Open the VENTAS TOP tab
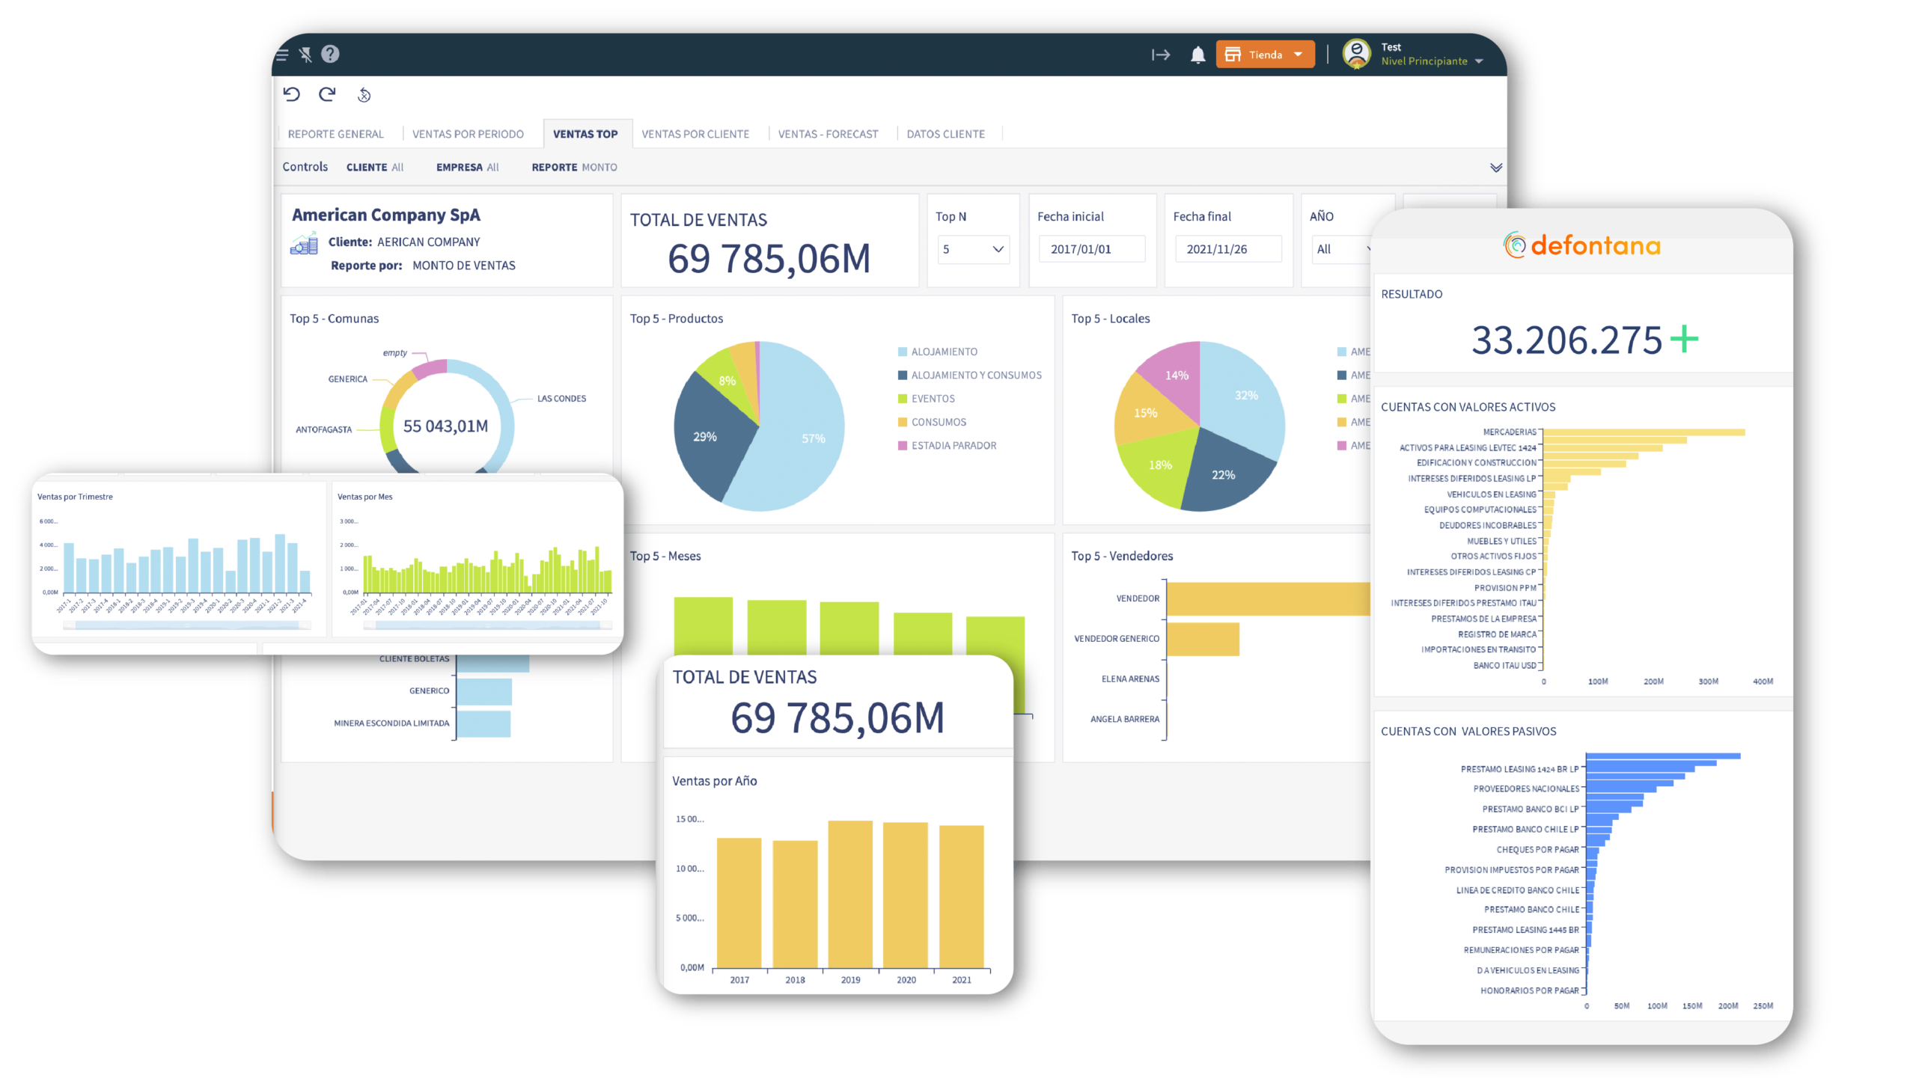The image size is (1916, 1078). click(585, 134)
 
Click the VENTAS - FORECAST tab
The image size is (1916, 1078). click(828, 134)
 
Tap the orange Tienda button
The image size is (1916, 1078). click(1265, 55)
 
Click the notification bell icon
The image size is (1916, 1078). click(1197, 55)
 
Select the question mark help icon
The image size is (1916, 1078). click(330, 54)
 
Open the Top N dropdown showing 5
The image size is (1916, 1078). click(973, 249)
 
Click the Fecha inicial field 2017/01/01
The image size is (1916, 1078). click(1091, 249)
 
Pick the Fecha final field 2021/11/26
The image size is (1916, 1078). click(1227, 249)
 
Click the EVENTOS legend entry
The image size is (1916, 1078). click(933, 399)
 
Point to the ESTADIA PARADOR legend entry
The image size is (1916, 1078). click(954, 446)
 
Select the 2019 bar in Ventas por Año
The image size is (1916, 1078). click(850, 894)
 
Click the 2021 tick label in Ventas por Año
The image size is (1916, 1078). click(962, 980)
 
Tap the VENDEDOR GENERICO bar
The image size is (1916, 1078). click(1203, 639)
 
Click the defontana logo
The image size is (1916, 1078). click(1582, 245)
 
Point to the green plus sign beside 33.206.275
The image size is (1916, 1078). click(1684, 339)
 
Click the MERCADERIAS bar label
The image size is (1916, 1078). click(1509, 432)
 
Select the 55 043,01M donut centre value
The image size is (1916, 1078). click(445, 426)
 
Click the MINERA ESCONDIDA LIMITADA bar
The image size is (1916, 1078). click(483, 723)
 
